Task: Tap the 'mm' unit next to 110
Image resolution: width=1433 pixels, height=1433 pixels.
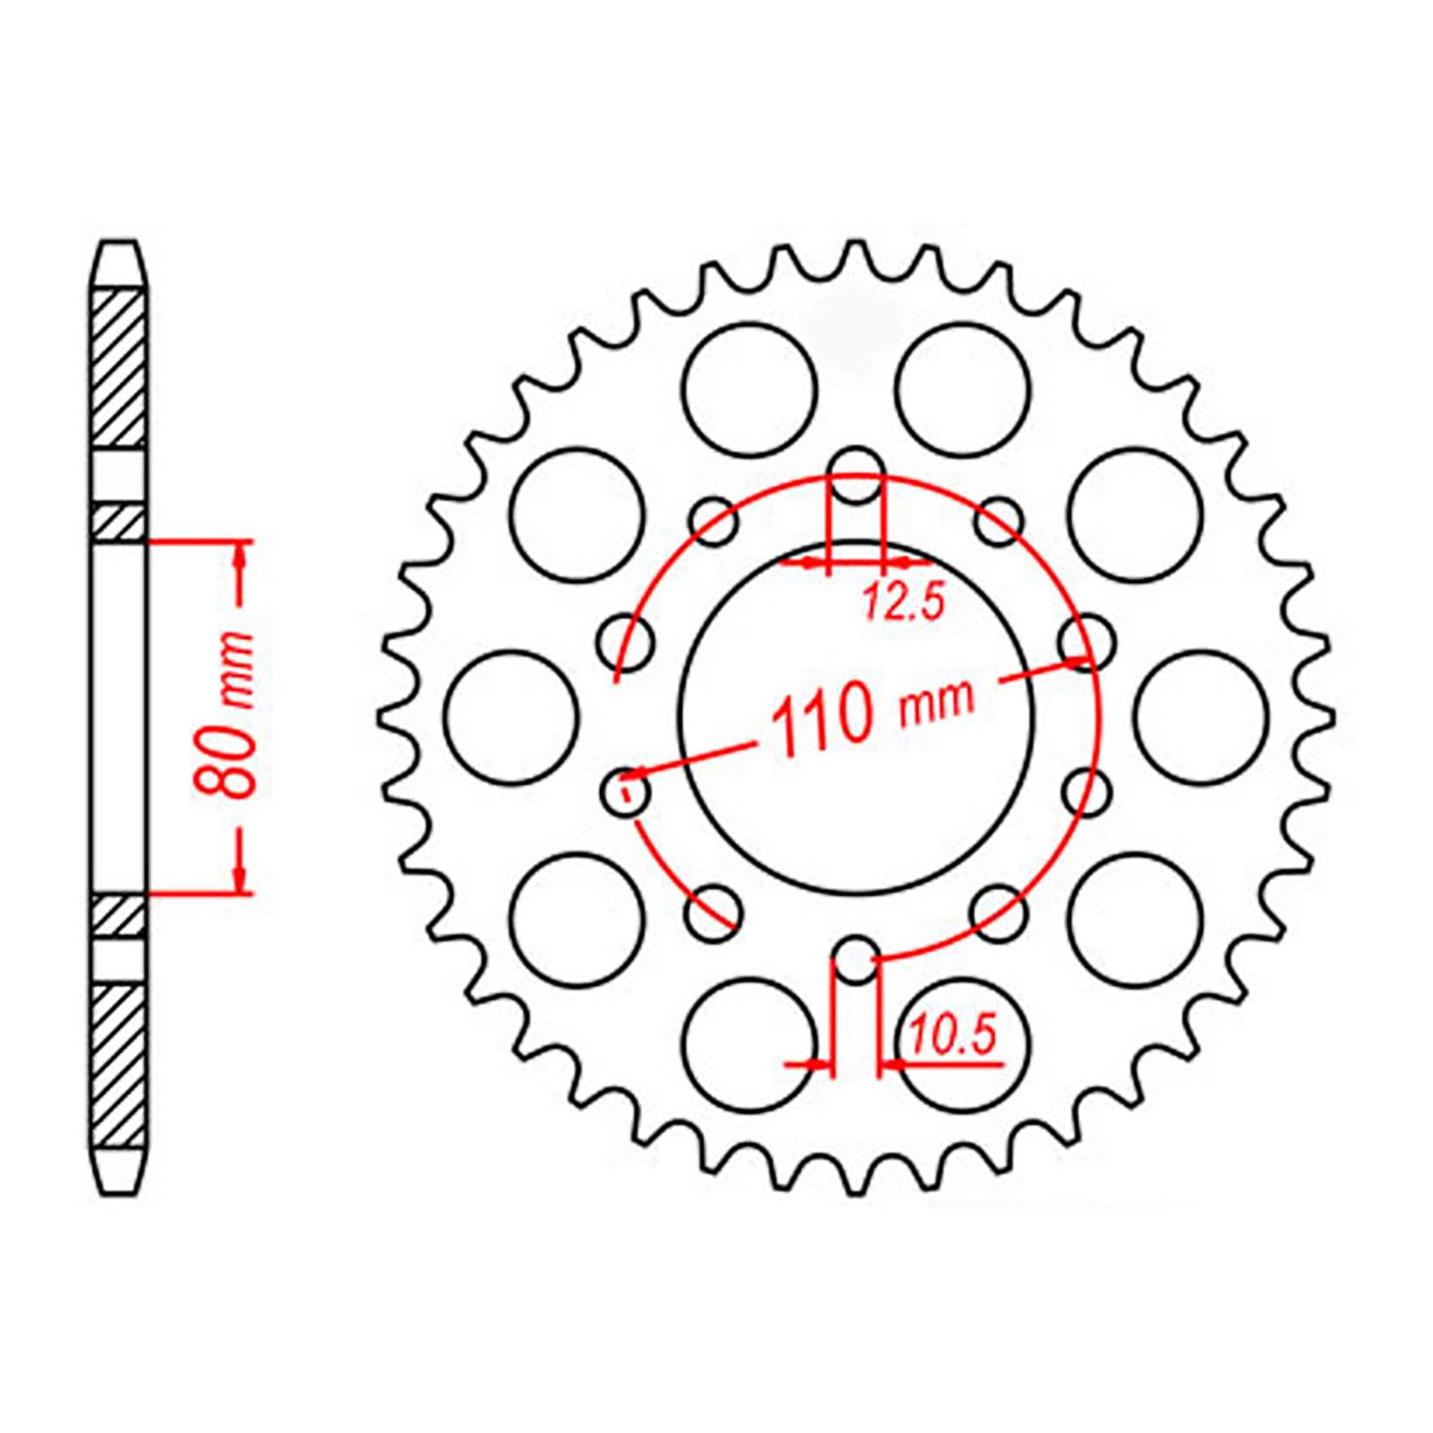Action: pyautogui.click(x=936, y=701)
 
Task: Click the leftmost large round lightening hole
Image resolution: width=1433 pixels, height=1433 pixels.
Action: pyautogui.click(x=512, y=716)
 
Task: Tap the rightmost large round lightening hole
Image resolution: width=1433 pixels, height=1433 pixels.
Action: pyautogui.click(x=1200, y=716)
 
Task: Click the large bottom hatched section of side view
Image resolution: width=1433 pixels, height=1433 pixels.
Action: pyautogui.click(x=119, y=1066)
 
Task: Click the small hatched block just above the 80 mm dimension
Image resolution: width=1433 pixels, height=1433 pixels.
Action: pyautogui.click(x=119, y=523)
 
